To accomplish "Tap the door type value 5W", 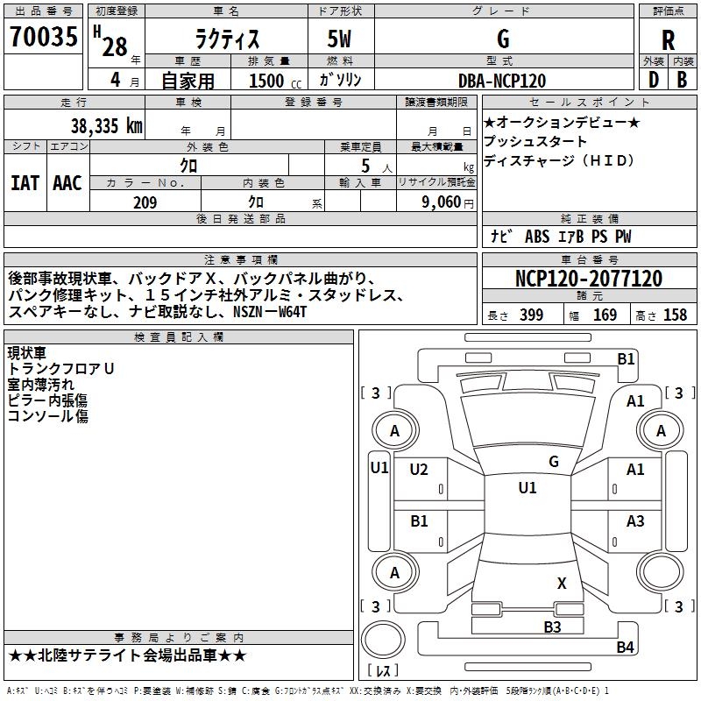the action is (x=340, y=39).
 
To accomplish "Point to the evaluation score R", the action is (x=668, y=39).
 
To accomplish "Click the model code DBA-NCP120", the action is (x=502, y=81).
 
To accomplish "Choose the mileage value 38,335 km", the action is (x=106, y=126).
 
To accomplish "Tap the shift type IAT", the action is (x=25, y=182).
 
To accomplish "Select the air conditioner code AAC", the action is (x=67, y=182).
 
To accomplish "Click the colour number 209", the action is (x=145, y=202).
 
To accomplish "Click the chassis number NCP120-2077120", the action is (x=588, y=279).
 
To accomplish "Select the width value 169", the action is (x=605, y=315).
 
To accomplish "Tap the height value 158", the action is (x=675, y=315).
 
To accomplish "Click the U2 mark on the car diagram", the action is (x=420, y=470).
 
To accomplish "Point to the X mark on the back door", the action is (x=562, y=583).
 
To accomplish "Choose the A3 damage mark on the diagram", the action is (x=635, y=521).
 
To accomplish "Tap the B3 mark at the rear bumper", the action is (x=551, y=626).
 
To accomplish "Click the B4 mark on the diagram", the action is (x=625, y=648).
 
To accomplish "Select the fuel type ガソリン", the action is (x=340, y=81).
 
